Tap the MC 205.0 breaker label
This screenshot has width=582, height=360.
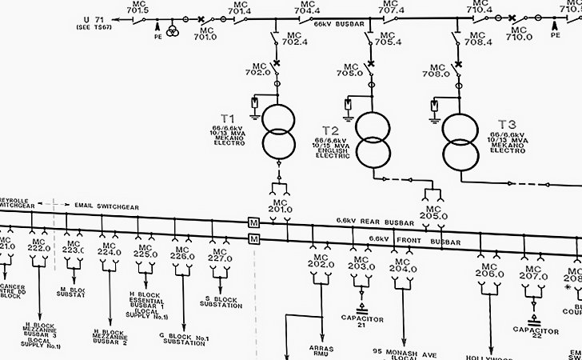(433, 211)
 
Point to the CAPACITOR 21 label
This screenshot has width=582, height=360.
(361, 322)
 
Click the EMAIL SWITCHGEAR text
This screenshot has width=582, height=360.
(106, 206)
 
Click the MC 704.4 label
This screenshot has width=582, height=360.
(307, 7)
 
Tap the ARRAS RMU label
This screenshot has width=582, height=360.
(321, 351)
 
